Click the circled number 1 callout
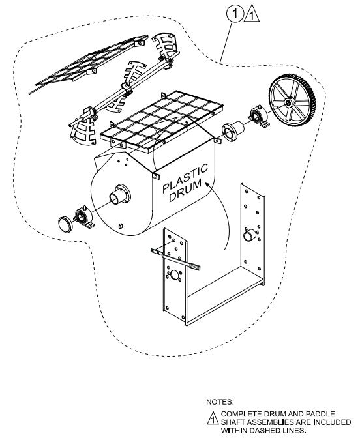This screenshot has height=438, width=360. (235, 14)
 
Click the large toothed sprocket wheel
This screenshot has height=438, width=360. (292, 100)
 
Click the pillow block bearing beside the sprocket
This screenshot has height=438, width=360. (259, 117)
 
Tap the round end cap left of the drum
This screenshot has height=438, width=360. (65, 224)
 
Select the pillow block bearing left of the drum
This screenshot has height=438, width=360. (84, 218)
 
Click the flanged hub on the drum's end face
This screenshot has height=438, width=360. (121, 194)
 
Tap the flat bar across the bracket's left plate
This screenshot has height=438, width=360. (175, 258)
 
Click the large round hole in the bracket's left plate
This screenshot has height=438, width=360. (175, 275)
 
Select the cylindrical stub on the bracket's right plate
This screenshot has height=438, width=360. (250, 235)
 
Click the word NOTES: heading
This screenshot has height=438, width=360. (220, 402)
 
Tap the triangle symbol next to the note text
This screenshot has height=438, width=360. (213, 418)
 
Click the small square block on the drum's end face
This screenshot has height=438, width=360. (121, 226)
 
